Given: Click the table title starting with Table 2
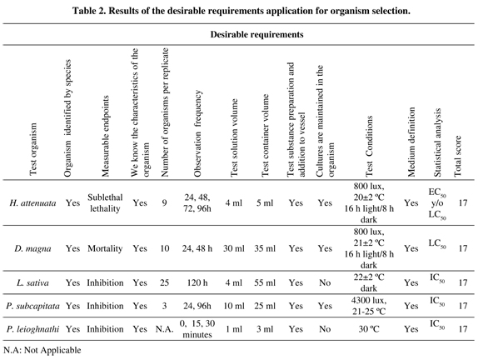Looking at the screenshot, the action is pyautogui.click(x=242, y=11).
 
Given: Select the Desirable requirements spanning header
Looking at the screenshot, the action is pyautogui.click(x=256, y=34).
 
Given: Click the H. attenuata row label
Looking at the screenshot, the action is pyautogui.click(x=32, y=202).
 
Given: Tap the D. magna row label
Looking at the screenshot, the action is pyautogui.click(x=32, y=248).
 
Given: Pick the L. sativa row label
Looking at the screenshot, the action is pyautogui.click(x=32, y=282).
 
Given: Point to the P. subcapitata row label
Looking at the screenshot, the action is pyautogui.click(x=32, y=306).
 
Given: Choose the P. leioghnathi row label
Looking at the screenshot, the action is pyautogui.click(x=32, y=329).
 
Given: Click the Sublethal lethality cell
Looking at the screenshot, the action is pyautogui.click(x=105, y=202).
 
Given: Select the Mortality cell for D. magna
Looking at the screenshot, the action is pyautogui.click(x=105, y=248).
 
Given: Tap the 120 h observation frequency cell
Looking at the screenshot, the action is pyautogui.click(x=197, y=282).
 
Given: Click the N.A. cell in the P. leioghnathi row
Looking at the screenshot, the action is pyautogui.click(x=165, y=329).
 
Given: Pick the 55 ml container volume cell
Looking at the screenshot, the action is pyautogui.click(x=265, y=282).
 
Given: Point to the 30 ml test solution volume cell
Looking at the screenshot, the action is pyautogui.click(x=234, y=248).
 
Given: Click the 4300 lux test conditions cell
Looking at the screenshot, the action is pyautogui.click(x=369, y=306).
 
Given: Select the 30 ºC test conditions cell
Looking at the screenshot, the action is pyautogui.click(x=369, y=329).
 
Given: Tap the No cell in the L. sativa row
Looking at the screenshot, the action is pyautogui.click(x=325, y=282).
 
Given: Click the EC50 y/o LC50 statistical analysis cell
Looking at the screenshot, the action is pyautogui.click(x=437, y=203).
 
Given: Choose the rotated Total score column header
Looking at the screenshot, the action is pyautogui.click(x=458, y=156).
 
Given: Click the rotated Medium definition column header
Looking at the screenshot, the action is pyautogui.click(x=411, y=142).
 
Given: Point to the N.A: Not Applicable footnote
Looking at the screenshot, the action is pyautogui.click(x=42, y=350).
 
